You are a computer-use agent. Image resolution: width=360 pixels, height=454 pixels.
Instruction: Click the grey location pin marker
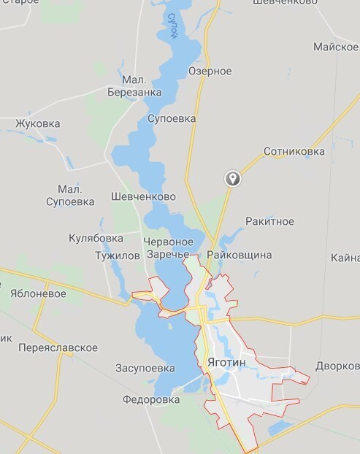(233, 178)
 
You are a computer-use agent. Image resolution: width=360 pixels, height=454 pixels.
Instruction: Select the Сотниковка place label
(294, 152)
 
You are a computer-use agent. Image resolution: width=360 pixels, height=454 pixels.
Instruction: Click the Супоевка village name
(172, 118)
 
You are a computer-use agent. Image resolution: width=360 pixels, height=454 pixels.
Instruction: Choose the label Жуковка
(37, 123)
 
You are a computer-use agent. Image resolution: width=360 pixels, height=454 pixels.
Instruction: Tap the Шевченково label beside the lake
(144, 197)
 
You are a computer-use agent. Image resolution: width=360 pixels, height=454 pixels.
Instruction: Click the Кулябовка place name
(96, 238)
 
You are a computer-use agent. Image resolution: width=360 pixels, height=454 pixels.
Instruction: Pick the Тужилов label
(117, 256)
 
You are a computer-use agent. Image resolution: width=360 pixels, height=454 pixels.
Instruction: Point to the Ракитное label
(269, 221)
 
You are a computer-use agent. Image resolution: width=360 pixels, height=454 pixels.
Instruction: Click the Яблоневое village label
(38, 293)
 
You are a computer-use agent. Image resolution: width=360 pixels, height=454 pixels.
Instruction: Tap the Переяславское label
(58, 347)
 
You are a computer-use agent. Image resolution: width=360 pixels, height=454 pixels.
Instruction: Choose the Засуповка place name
(145, 368)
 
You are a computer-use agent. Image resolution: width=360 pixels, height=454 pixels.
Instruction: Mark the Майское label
(335, 47)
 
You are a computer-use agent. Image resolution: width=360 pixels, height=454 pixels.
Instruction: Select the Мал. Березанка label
(134, 85)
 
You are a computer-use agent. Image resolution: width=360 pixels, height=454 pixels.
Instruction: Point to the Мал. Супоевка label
(70, 194)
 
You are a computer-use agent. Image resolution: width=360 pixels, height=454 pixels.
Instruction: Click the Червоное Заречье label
(169, 248)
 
